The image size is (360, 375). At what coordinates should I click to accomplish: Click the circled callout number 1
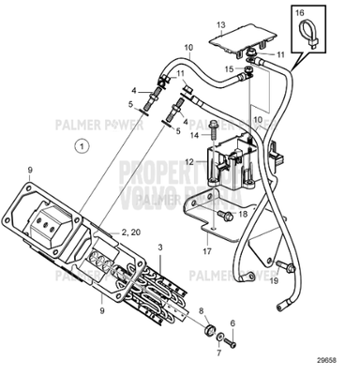pos(82,146)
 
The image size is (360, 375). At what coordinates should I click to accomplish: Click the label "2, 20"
pos(130,231)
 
